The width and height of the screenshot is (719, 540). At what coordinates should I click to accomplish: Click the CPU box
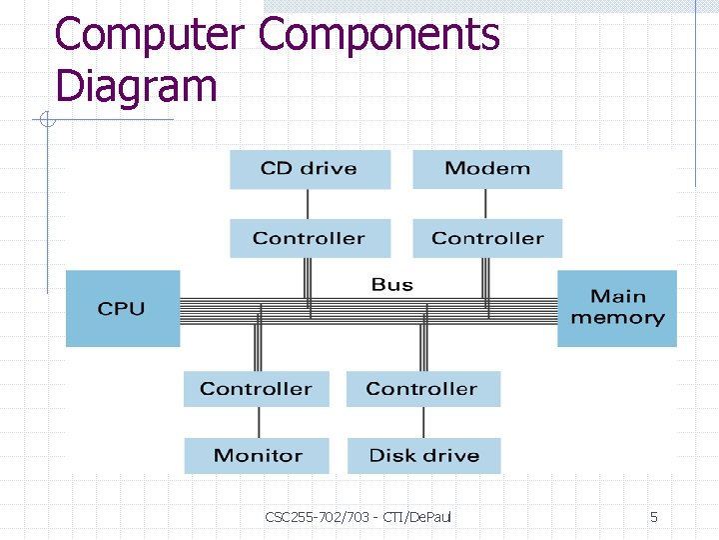(x=123, y=309)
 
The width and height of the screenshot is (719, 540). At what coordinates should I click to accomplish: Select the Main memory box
(x=617, y=308)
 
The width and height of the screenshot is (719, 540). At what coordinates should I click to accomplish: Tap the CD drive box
(x=310, y=169)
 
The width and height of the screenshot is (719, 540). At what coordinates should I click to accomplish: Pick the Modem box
(x=487, y=169)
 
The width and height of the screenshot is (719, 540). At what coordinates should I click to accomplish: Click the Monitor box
(x=257, y=456)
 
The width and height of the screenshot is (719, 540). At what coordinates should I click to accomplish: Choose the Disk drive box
(x=423, y=456)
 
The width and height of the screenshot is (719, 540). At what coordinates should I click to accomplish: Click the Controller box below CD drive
(x=310, y=239)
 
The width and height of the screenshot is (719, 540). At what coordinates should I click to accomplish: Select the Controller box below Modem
(x=487, y=239)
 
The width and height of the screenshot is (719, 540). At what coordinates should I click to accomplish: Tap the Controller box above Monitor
(x=257, y=389)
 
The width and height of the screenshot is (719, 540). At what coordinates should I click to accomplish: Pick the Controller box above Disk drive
(x=423, y=389)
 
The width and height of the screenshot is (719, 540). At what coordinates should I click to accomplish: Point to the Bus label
(x=392, y=285)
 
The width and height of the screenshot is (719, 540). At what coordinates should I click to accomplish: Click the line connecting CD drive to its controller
(x=308, y=204)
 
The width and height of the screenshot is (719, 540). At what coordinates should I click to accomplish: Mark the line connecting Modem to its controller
(x=485, y=204)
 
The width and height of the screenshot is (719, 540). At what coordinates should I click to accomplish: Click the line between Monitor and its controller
(x=257, y=422)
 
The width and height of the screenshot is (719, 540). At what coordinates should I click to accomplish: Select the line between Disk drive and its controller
(x=423, y=422)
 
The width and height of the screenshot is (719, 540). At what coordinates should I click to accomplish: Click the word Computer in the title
(x=149, y=35)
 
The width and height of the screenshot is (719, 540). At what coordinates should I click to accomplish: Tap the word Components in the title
(x=379, y=35)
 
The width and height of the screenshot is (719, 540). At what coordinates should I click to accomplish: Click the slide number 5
(x=654, y=517)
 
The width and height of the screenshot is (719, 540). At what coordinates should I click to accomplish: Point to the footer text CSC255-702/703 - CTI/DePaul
(x=359, y=517)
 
